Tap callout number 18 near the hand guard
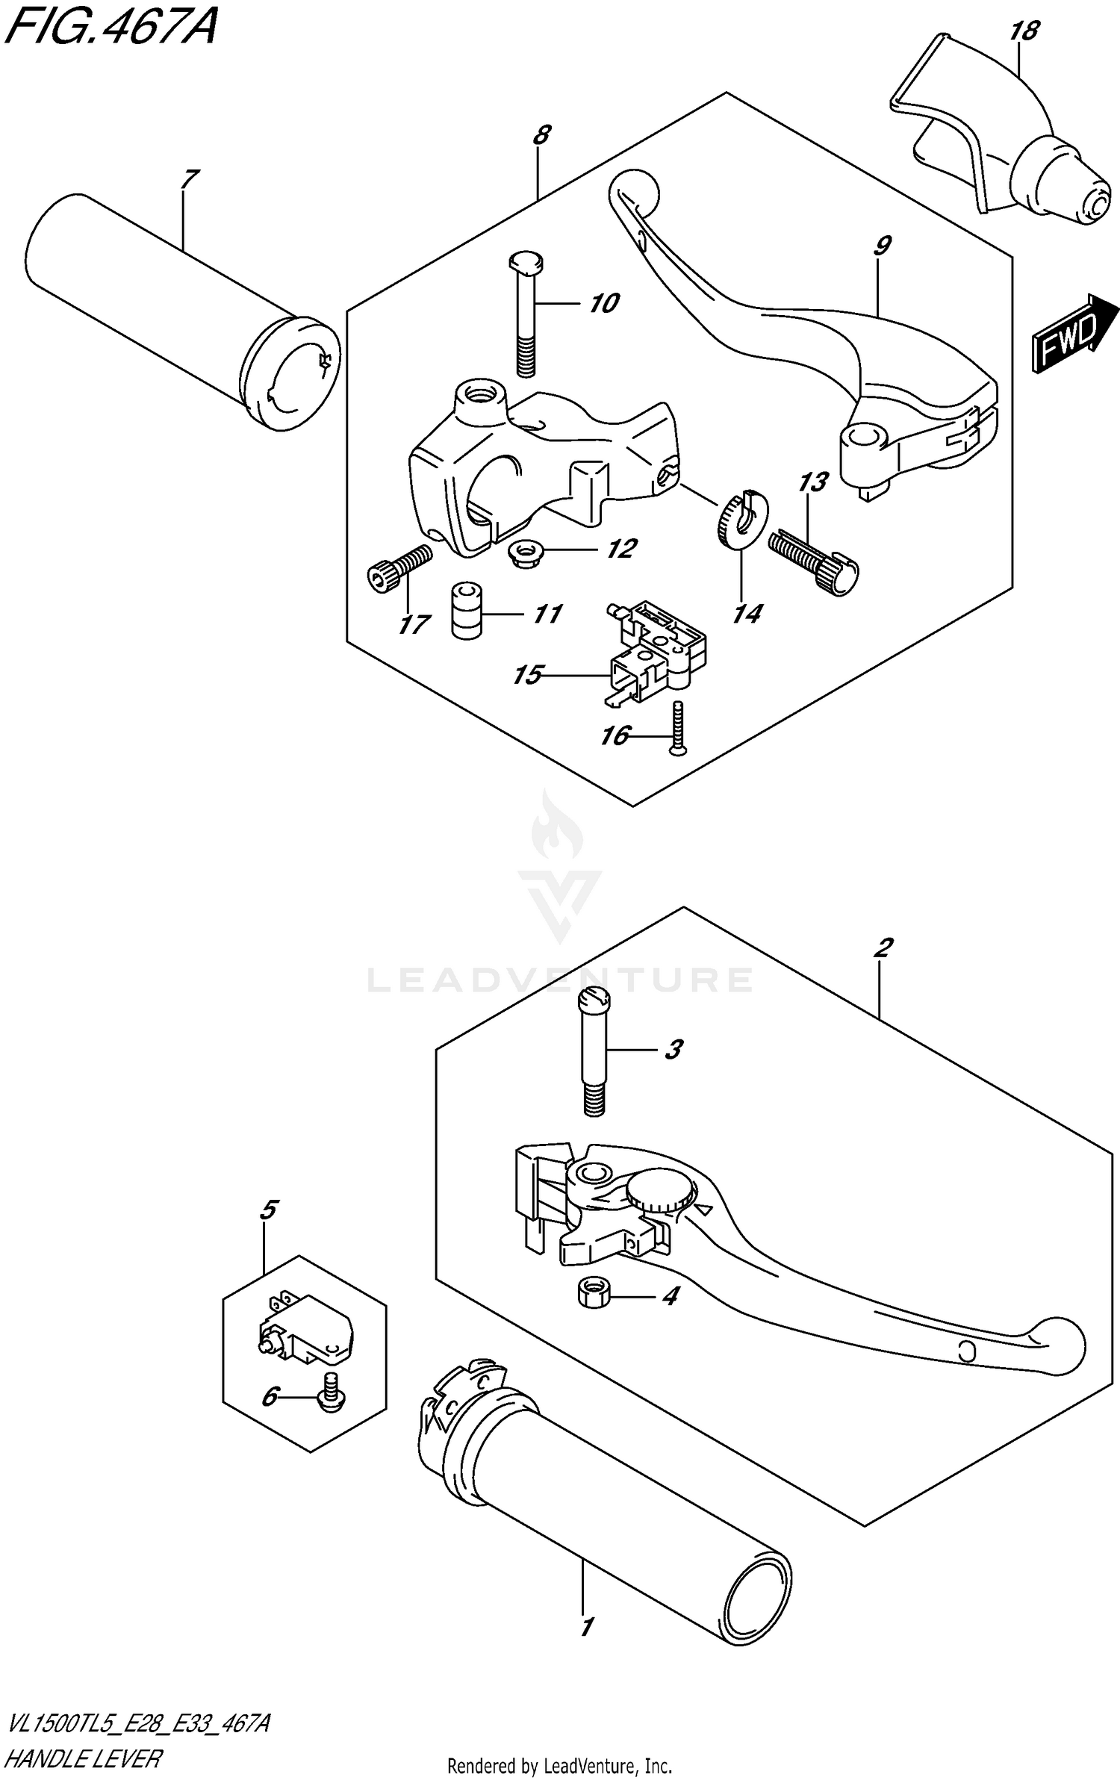[1024, 31]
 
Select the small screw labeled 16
[678, 729]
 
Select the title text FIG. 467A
[110, 28]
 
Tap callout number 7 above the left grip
[190, 179]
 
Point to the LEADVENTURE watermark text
[559, 980]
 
